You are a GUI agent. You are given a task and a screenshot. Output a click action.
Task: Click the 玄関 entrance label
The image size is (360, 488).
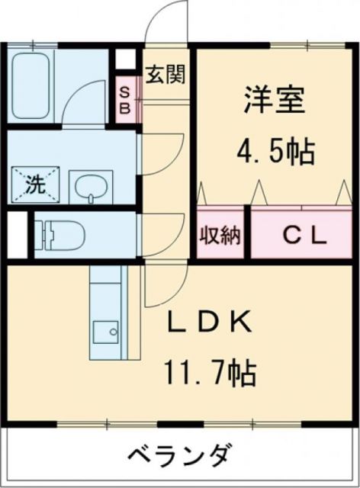(166, 76)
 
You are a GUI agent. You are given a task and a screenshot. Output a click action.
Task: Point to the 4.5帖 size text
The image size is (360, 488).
(275, 153)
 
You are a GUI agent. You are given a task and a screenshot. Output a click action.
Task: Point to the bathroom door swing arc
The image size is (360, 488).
(79, 103)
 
